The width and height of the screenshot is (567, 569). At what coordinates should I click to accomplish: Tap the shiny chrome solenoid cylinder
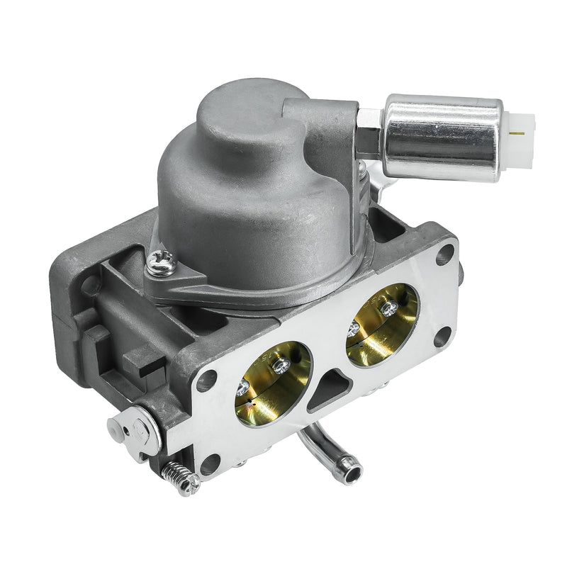click(x=442, y=139)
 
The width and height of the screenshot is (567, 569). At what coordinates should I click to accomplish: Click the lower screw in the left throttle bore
click(x=243, y=388)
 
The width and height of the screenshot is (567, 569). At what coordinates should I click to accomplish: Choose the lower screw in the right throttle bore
click(x=354, y=329)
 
